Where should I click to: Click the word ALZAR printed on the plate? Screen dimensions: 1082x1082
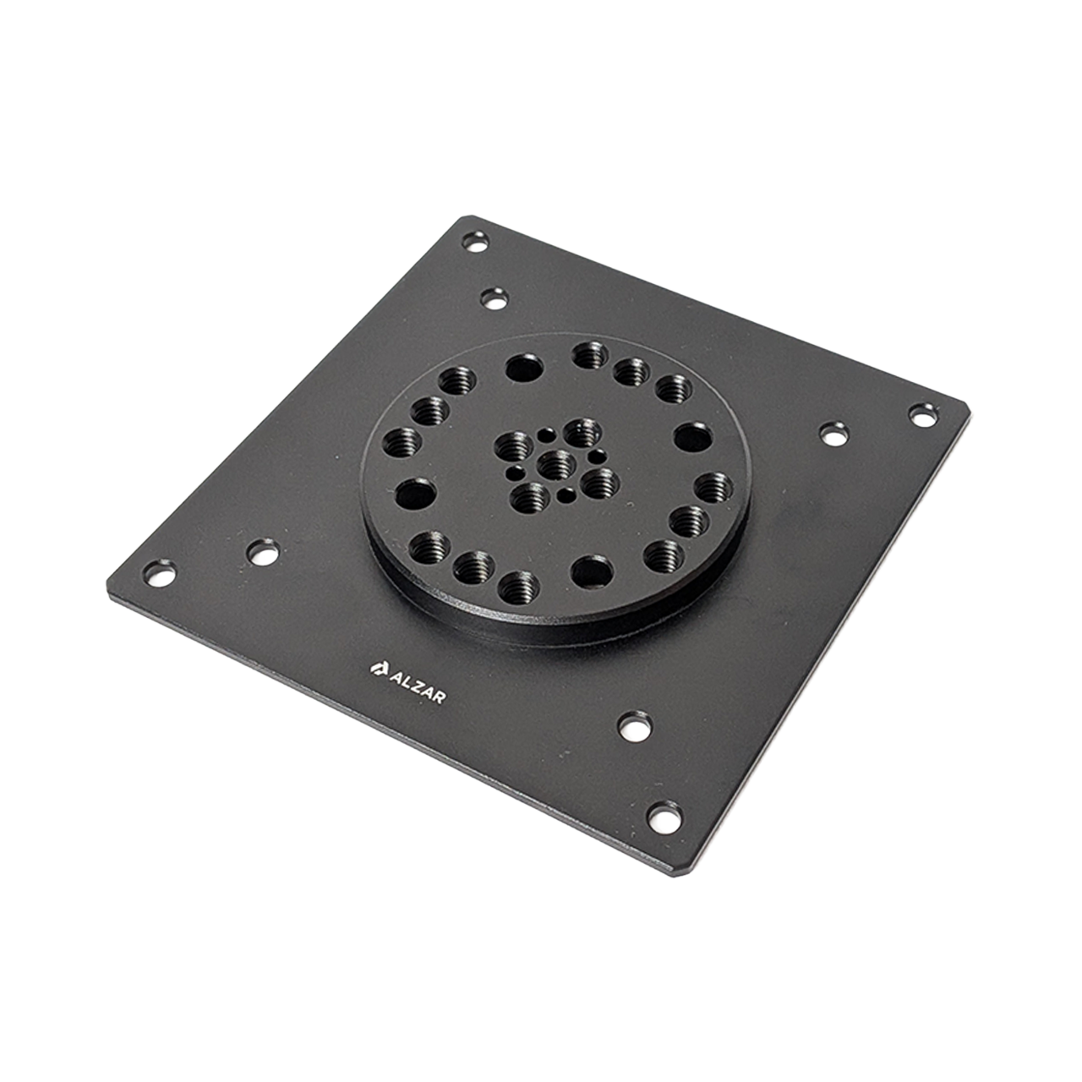418,686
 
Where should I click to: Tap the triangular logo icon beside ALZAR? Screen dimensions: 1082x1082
377,668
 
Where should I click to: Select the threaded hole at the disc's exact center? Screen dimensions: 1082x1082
556,465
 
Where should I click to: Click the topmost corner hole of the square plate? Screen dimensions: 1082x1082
475,242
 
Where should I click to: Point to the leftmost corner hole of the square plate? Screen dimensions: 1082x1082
159,574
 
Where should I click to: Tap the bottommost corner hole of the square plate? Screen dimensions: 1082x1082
664,817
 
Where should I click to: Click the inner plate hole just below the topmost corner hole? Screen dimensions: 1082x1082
495,298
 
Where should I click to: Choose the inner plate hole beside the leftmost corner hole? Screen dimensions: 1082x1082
263,552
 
